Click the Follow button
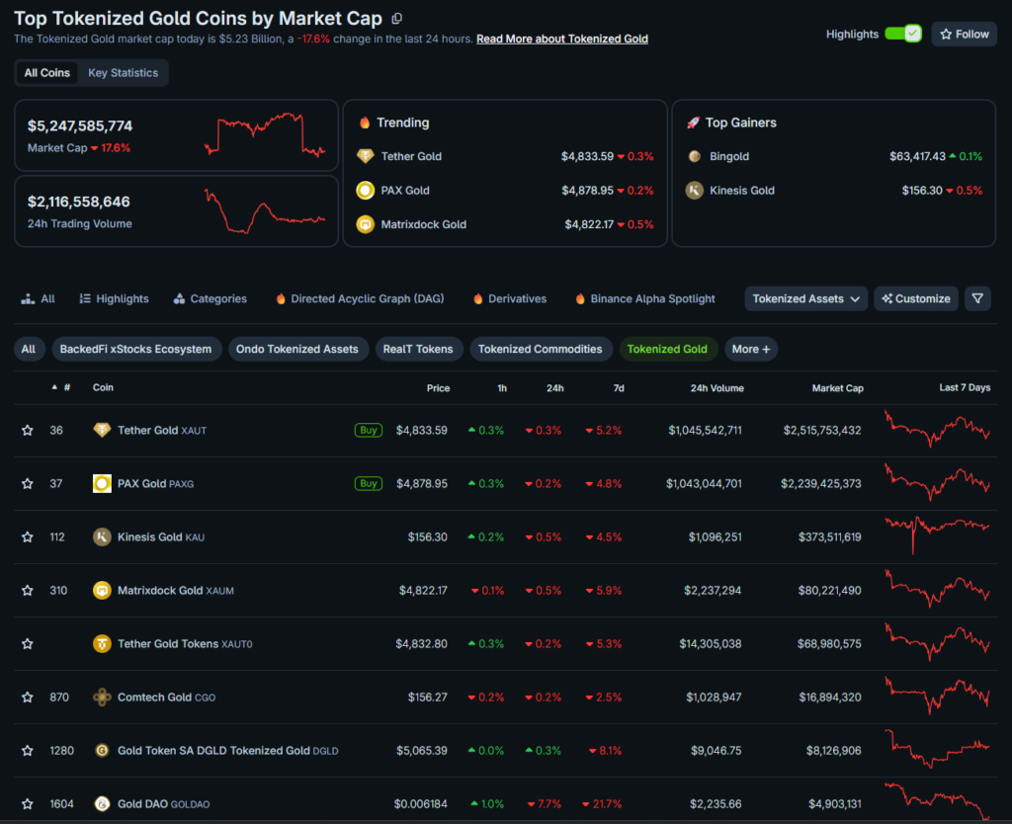(x=964, y=34)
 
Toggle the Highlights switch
(x=902, y=34)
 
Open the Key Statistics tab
(x=123, y=73)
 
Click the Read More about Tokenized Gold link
(x=562, y=39)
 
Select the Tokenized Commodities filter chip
(x=540, y=349)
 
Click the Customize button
(x=916, y=298)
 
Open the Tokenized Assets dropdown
(x=805, y=298)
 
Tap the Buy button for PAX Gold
(x=369, y=484)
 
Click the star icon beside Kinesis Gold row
(x=28, y=537)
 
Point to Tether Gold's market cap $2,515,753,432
(x=821, y=431)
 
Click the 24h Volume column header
(x=717, y=388)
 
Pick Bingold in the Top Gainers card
(x=729, y=156)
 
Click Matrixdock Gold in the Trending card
(x=423, y=224)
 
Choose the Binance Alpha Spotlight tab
(x=652, y=298)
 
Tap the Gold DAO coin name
(x=142, y=804)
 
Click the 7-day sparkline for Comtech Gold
(x=937, y=696)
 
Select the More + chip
(x=751, y=349)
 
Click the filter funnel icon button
(x=977, y=298)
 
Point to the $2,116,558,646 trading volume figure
(x=79, y=202)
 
